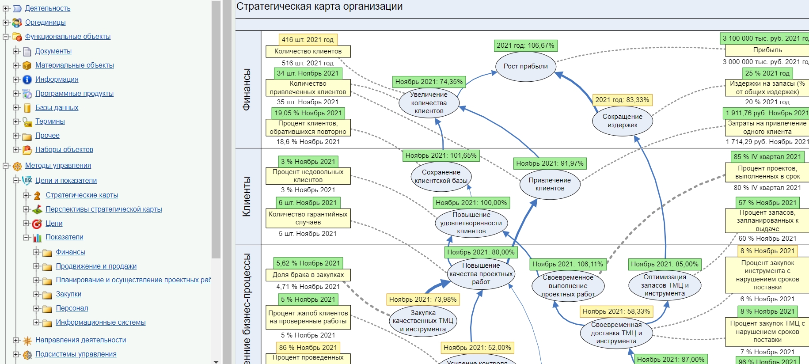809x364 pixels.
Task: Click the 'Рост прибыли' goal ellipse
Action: (525, 66)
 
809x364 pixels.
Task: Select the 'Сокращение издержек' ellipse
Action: (622, 121)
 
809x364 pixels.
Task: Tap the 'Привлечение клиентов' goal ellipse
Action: (550, 184)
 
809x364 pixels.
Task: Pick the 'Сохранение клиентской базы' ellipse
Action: (441, 176)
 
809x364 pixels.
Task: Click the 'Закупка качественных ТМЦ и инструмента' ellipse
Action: (423, 321)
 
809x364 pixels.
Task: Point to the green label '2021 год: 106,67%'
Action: (525, 45)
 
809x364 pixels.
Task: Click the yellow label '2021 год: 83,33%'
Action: (622, 100)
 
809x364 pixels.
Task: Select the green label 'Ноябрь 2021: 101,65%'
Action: (441, 155)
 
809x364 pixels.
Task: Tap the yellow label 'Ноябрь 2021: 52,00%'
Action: (477, 348)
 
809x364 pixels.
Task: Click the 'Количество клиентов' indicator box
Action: (308, 51)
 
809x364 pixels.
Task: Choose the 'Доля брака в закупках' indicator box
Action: (308, 275)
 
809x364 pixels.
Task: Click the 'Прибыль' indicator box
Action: (767, 50)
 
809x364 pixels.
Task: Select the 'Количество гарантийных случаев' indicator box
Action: (308, 218)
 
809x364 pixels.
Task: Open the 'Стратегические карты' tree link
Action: (82, 195)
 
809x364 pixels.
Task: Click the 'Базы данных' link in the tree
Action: (57, 107)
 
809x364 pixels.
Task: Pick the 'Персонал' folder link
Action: (72, 308)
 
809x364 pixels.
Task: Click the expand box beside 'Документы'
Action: (16, 51)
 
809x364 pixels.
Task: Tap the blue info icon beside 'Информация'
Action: (27, 80)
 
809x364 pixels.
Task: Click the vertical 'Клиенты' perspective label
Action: (247, 197)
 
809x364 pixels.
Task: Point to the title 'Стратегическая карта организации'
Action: (319, 7)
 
